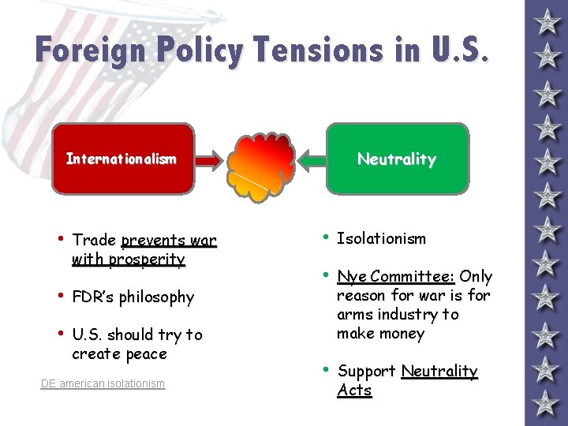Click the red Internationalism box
point(122,159)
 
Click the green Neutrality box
point(397,159)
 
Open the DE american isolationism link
point(103,383)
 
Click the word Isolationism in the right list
point(381,238)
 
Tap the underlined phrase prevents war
point(169,240)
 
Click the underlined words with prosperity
point(128,259)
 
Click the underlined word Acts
point(354,390)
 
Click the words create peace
point(119,353)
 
